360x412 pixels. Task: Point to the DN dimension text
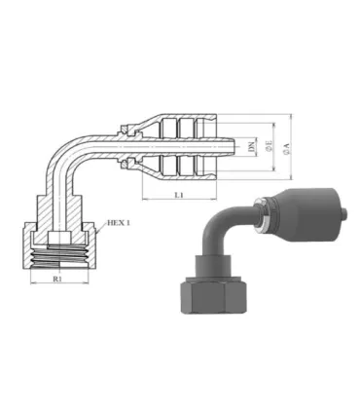pos(251,148)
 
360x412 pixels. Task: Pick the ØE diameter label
pos(267,148)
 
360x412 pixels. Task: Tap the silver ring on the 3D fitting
pos(259,216)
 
